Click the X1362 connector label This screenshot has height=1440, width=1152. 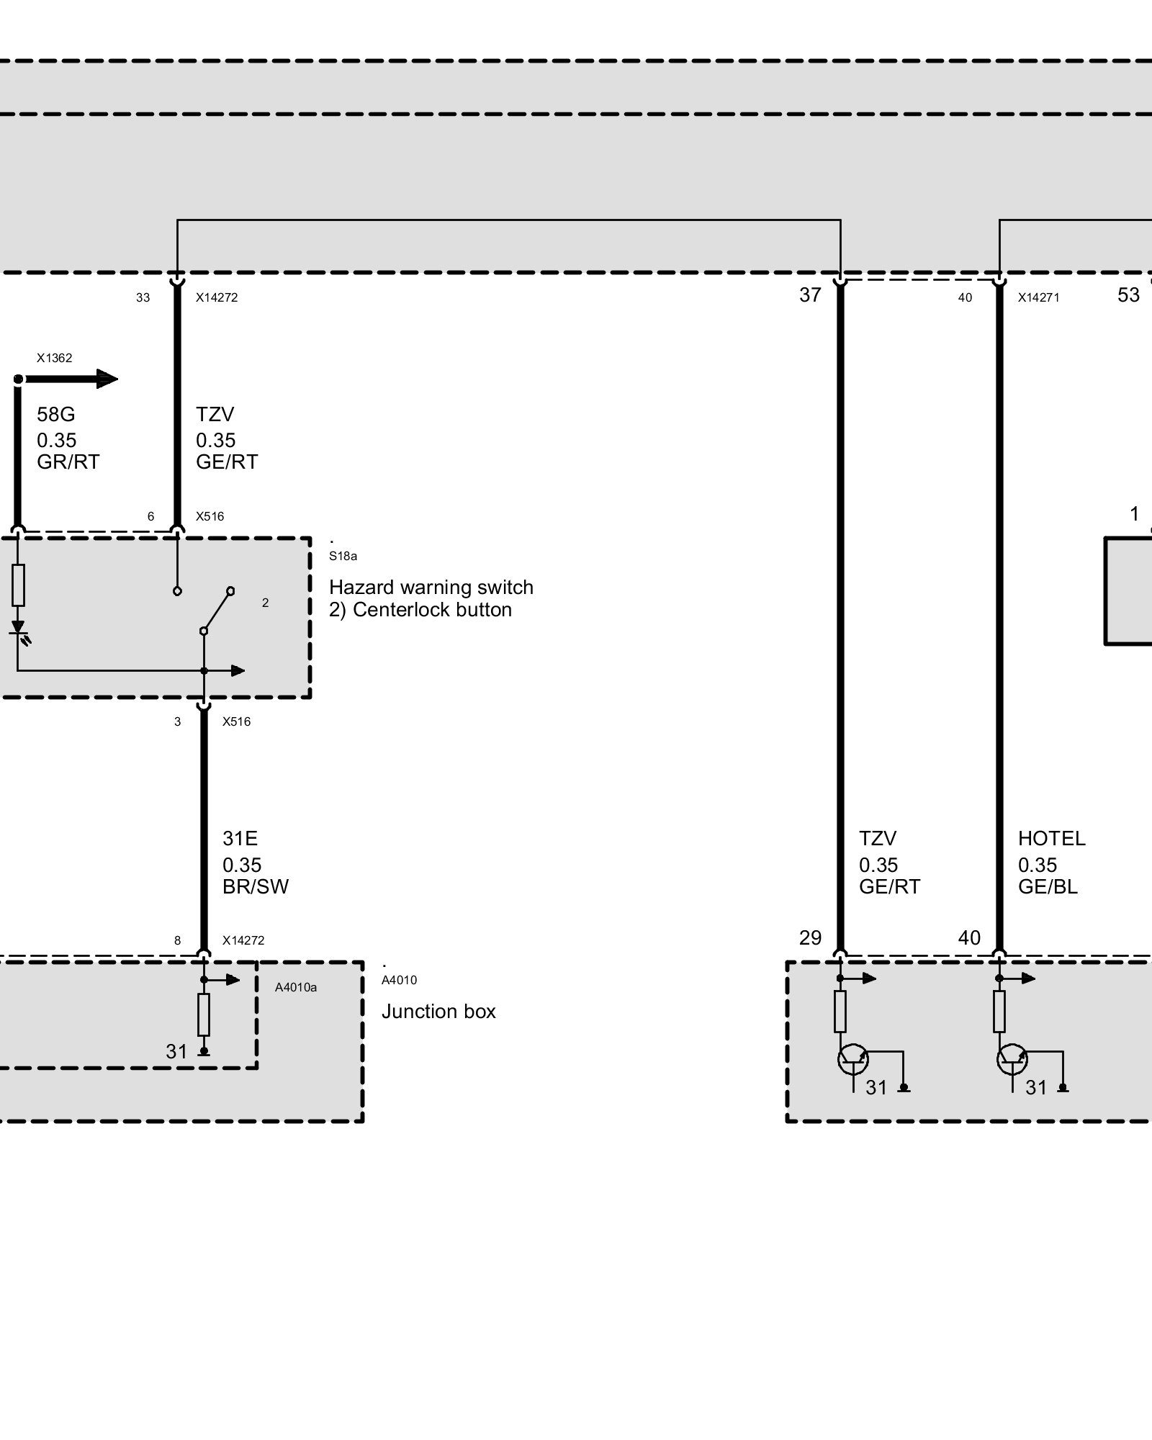coord(55,358)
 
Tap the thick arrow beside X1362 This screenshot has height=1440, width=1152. coord(68,379)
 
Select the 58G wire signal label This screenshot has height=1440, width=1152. coord(56,415)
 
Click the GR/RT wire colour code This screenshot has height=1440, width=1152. coord(68,462)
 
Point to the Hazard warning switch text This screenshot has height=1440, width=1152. coord(431,588)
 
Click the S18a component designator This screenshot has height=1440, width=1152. coord(343,556)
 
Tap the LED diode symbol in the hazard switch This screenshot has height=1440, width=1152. coord(18,629)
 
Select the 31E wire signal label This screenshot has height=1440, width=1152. coord(240,839)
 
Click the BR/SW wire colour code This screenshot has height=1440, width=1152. coord(256,886)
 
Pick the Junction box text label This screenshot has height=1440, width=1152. coord(438,1012)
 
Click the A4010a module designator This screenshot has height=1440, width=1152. coord(296,987)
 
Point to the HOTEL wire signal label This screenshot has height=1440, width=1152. coord(1051,839)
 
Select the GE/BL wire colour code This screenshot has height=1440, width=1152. coord(1048,886)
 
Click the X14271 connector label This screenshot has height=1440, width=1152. coord(1038,297)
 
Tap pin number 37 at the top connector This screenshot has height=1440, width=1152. coord(810,295)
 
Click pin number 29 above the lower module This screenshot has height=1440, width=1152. coord(810,938)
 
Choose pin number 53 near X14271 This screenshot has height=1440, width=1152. coord(1128,295)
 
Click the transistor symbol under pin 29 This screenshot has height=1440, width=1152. coord(853,1059)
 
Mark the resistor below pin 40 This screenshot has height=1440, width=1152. coord(999,1012)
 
